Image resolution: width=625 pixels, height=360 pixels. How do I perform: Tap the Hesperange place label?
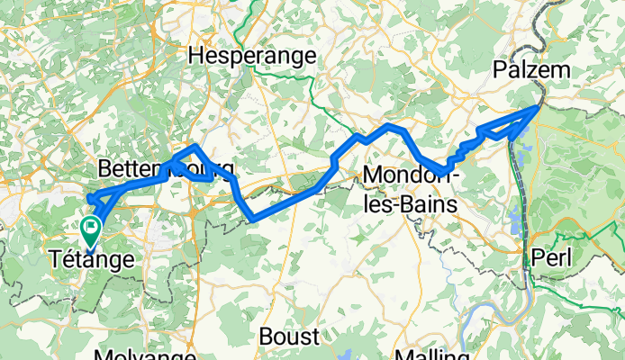(253, 56)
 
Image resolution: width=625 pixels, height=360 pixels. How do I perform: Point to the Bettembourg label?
(166, 168)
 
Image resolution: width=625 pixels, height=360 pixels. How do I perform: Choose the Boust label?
(288, 337)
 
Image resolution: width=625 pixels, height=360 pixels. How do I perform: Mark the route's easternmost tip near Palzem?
(539, 106)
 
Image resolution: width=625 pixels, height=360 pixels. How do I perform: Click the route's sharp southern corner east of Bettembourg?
(251, 219)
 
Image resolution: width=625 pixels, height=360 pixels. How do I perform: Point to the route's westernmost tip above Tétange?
(88, 197)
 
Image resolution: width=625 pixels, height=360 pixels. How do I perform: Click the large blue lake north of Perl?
(516, 216)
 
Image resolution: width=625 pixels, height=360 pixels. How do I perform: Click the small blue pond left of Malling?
(347, 355)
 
